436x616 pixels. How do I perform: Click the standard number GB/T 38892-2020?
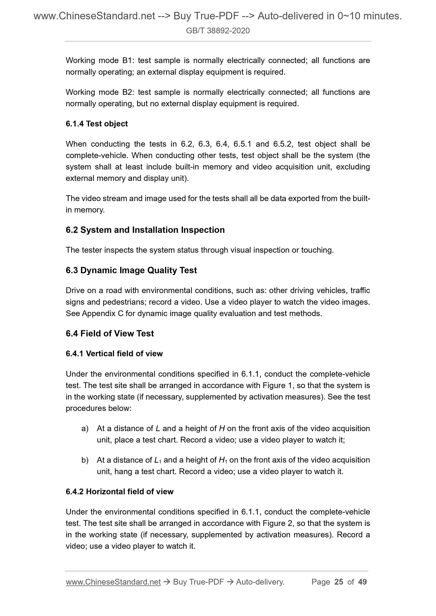[218, 31]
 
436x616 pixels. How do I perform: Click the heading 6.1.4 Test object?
[97, 124]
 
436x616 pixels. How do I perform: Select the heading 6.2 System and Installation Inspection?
[145, 230]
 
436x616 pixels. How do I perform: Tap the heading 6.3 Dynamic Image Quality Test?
[131, 270]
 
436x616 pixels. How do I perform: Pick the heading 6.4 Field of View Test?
[110, 333]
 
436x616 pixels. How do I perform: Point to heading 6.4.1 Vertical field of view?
[114, 354]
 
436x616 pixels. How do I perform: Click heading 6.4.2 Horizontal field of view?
[120, 492]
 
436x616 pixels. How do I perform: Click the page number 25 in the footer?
[339, 582]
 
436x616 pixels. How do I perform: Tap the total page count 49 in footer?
[362, 582]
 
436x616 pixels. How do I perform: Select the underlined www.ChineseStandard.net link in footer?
[113, 582]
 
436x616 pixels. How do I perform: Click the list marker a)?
[85, 428]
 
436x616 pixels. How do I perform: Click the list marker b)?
[85, 460]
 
